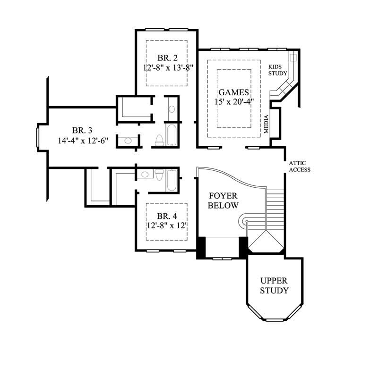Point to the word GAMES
pyautogui.click(x=233, y=92)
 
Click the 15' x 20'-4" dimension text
pyautogui.click(x=233, y=102)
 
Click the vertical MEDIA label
pyautogui.click(x=266, y=124)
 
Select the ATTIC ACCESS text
pyautogui.click(x=300, y=167)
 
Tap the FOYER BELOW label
pyautogui.click(x=224, y=200)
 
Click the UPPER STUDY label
pyautogui.click(x=274, y=285)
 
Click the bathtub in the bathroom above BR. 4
pyautogui.click(x=172, y=180)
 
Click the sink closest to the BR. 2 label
pyautogui.click(x=172, y=109)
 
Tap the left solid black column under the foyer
pyautogui.click(x=201, y=247)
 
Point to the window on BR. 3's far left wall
pyautogui.click(x=39, y=137)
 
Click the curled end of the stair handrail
pyautogui.click(x=244, y=219)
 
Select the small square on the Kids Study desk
pyautogui.click(x=293, y=58)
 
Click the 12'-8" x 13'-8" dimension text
pyautogui.click(x=169, y=67)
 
